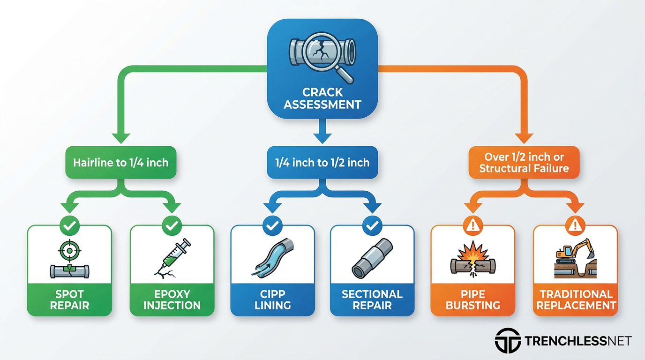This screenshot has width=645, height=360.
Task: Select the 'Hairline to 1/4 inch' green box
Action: coord(121,163)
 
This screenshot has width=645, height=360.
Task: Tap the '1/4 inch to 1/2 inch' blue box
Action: coord(322,163)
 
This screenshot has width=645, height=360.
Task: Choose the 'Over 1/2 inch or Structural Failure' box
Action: coord(524,163)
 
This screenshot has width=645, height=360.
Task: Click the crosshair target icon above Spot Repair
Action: coord(69,251)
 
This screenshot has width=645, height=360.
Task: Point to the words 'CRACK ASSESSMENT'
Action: coord(322,98)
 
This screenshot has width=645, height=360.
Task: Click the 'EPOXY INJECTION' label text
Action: coord(172,300)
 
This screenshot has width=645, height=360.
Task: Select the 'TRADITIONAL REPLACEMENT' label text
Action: coord(576,300)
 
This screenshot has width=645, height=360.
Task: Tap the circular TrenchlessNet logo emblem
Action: coord(508,341)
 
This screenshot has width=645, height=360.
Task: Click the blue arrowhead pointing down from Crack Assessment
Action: coord(322,138)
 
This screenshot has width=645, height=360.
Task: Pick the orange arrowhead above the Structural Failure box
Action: coord(524,138)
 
